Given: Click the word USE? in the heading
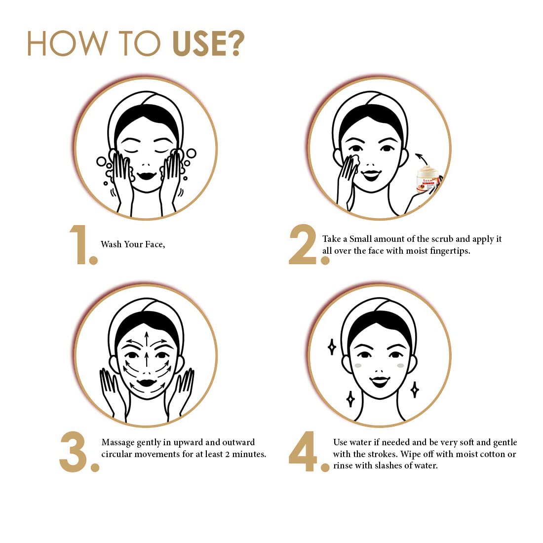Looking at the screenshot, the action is (208, 43).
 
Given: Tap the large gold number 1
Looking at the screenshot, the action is (80, 244).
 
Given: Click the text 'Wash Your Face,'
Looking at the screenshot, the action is (133, 244).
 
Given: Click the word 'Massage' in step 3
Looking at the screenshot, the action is (118, 443).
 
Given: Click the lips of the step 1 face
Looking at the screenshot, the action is (147, 175).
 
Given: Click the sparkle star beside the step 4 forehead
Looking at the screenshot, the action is (332, 347).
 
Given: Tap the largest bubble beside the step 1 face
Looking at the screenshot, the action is (191, 153).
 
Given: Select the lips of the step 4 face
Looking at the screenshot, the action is (380, 382).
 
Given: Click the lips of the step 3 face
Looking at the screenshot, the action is (147, 383).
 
